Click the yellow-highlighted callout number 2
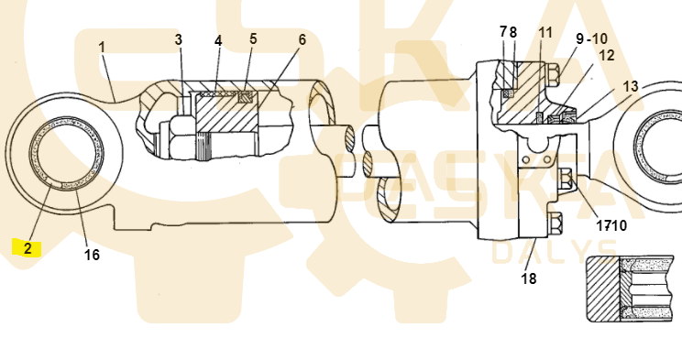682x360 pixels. click(27, 248)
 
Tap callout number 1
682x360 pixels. click(102, 47)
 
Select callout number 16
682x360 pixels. click(92, 255)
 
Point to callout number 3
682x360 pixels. click(179, 39)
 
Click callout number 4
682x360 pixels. click(218, 41)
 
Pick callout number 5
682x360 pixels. click(253, 38)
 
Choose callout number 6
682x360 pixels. click(302, 40)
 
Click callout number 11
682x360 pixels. click(545, 33)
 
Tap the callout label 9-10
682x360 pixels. click(591, 38)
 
